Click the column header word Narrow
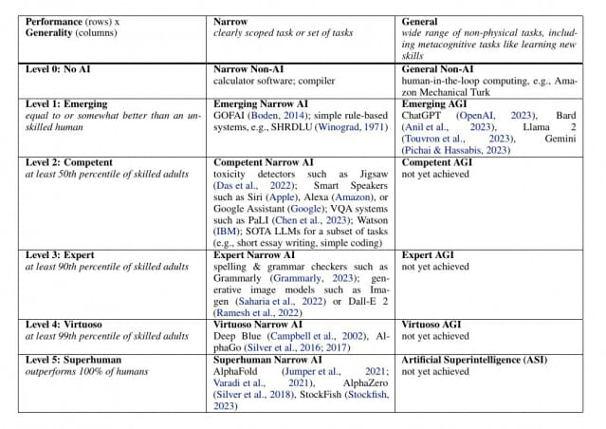click(x=230, y=22)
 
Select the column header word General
click(x=419, y=22)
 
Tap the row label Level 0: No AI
click(x=58, y=69)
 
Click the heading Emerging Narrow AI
click(x=261, y=104)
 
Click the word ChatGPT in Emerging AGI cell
click(x=421, y=116)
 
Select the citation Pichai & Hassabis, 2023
click(x=455, y=150)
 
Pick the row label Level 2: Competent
click(x=69, y=162)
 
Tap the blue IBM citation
click(x=226, y=232)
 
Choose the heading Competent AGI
click(x=437, y=162)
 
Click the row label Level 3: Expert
click(x=60, y=255)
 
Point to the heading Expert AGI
click(x=428, y=255)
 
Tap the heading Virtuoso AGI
click(x=431, y=325)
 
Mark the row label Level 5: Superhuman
click(x=73, y=360)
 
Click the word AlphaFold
click(x=235, y=371)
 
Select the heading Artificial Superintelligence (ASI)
click(x=474, y=360)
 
